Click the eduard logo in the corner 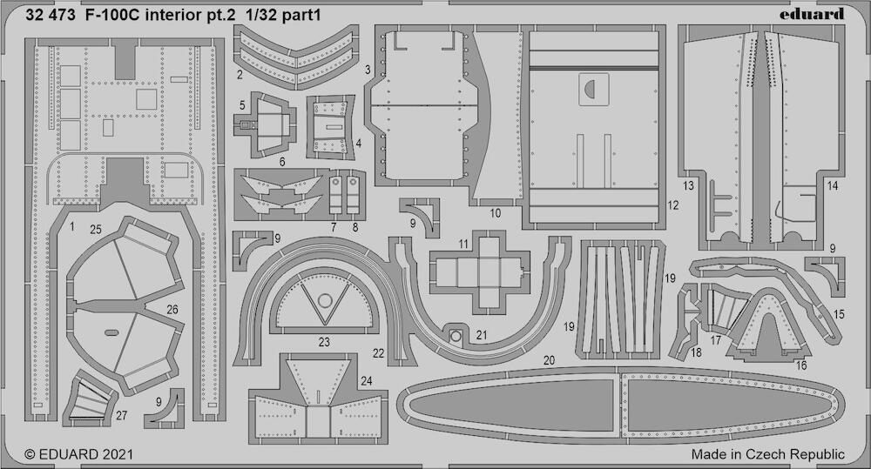[x=811, y=15]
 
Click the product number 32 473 [x=50, y=15]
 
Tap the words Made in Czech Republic [x=767, y=454]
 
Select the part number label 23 [x=324, y=342]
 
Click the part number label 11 [x=464, y=244]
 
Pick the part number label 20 [x=549, y=360]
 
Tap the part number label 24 [x=366, y=381]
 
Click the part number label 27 [x=121, y=416]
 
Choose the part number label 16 [x=801, y=365]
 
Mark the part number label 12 [x=673, y=205]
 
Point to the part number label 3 [x=368, y=70]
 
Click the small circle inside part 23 [x=325, y=301]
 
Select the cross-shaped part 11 [x=480, y=272]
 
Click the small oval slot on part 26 [x=111, y=332]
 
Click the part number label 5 [x=242, y=105]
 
